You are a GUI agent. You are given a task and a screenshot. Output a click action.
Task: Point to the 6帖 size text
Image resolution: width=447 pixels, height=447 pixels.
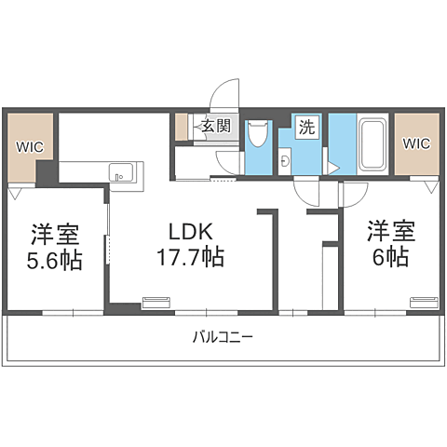(x=388, y=257)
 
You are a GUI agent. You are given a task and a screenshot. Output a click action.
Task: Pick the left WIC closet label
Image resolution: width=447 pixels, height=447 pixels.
(x=29, y=145)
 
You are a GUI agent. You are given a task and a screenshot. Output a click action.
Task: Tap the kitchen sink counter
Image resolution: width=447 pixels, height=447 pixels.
(x=122, y=171)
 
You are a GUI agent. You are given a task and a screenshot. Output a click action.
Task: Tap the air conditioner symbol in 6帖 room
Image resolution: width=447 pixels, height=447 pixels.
(x=422, y=300)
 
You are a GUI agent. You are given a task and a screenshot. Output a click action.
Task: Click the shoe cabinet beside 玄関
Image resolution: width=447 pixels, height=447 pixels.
(x=181, y=127)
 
